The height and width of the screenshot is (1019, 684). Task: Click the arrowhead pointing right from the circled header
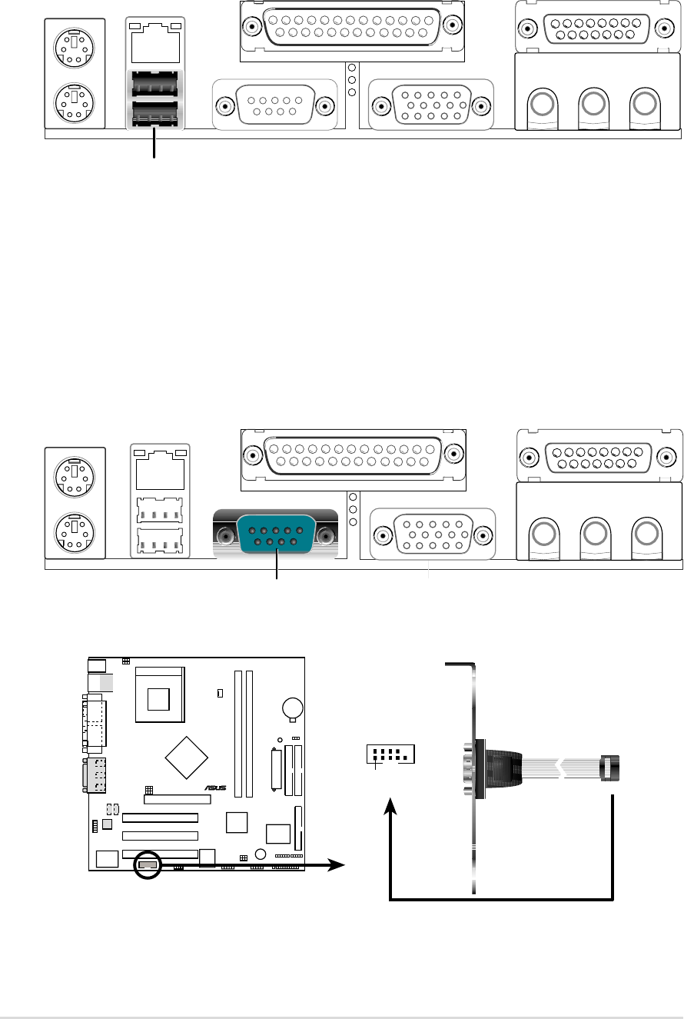click(x=336, y=865)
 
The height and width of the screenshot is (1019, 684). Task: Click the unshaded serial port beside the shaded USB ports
click(x=274, y=105)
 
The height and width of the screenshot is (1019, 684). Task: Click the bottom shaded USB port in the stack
click(x=155, y=114)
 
